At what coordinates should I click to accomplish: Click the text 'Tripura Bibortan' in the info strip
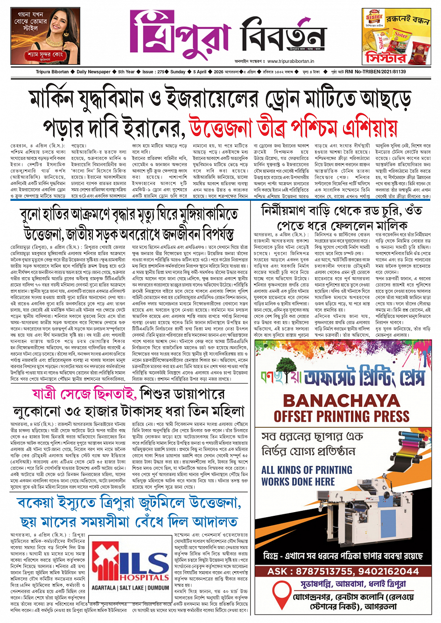click(52, 72)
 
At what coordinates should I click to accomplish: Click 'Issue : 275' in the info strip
click(154, 72)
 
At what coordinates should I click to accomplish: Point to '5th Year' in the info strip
click(126, 72)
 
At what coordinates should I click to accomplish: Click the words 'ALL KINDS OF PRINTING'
click(304, 470)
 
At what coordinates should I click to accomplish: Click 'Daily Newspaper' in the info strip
click(93, 72)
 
